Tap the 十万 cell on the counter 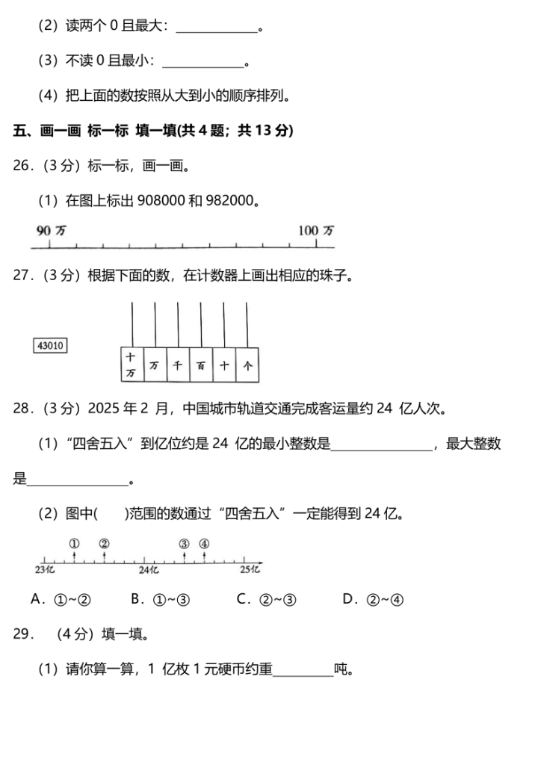point(131,364)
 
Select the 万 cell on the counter point(154,365)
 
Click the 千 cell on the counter point(177,365)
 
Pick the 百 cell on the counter point(200,365)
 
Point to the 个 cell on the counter point(247,365)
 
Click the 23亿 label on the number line point(44,570)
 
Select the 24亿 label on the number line point(149,570)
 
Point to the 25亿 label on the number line point(250,570)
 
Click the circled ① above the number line point(74,544)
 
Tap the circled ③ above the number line point(184,544)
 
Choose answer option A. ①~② point(61,598)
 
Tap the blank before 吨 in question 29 point(303,670)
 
